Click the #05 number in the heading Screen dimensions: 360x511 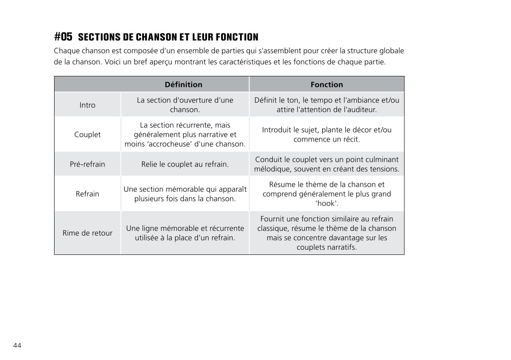click(63, 36)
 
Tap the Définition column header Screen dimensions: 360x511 click(183, 85)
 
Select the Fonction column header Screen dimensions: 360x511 click(327, 85)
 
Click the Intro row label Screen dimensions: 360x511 click(88, 105)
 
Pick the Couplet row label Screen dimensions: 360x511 click(88, 135)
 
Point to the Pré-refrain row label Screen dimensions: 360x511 click(88, 164)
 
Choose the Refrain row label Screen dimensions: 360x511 click(88, 194)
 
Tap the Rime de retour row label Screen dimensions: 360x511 click(88, 233)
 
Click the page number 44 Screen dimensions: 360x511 click(18, 346)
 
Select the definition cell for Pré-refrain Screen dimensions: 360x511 click(185, 164)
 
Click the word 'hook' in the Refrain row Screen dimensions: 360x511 click(326, 203)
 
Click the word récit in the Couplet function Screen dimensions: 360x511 click(351, 140)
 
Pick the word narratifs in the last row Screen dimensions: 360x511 click(341, 248)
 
